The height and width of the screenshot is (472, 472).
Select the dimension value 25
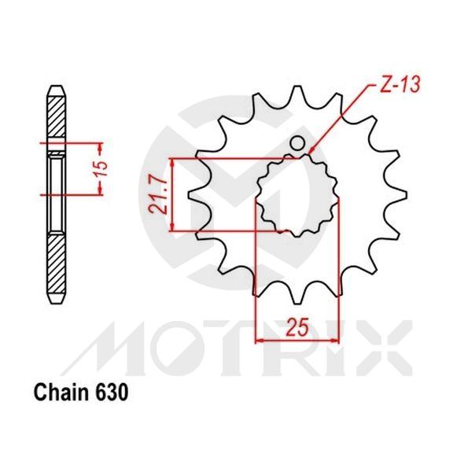pyautogui.click(x=295, y=328)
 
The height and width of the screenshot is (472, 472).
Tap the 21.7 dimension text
pyautogui.click(x=159, y=196)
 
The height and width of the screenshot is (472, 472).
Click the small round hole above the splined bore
pyautogui.click(x=298, y=143)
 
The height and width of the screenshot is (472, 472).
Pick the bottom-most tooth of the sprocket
pyautogui.click(x=295, y=294)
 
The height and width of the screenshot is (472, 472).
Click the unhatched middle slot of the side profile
pyautogui.click(x=55, y=189)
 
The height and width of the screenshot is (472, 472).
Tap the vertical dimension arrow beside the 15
pyautogui.click(x=100, y=168)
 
